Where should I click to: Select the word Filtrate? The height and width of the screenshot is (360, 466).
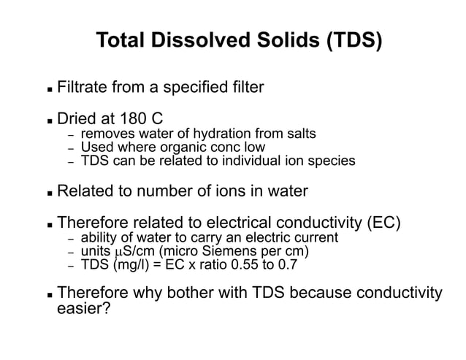click(x=84, y=89)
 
